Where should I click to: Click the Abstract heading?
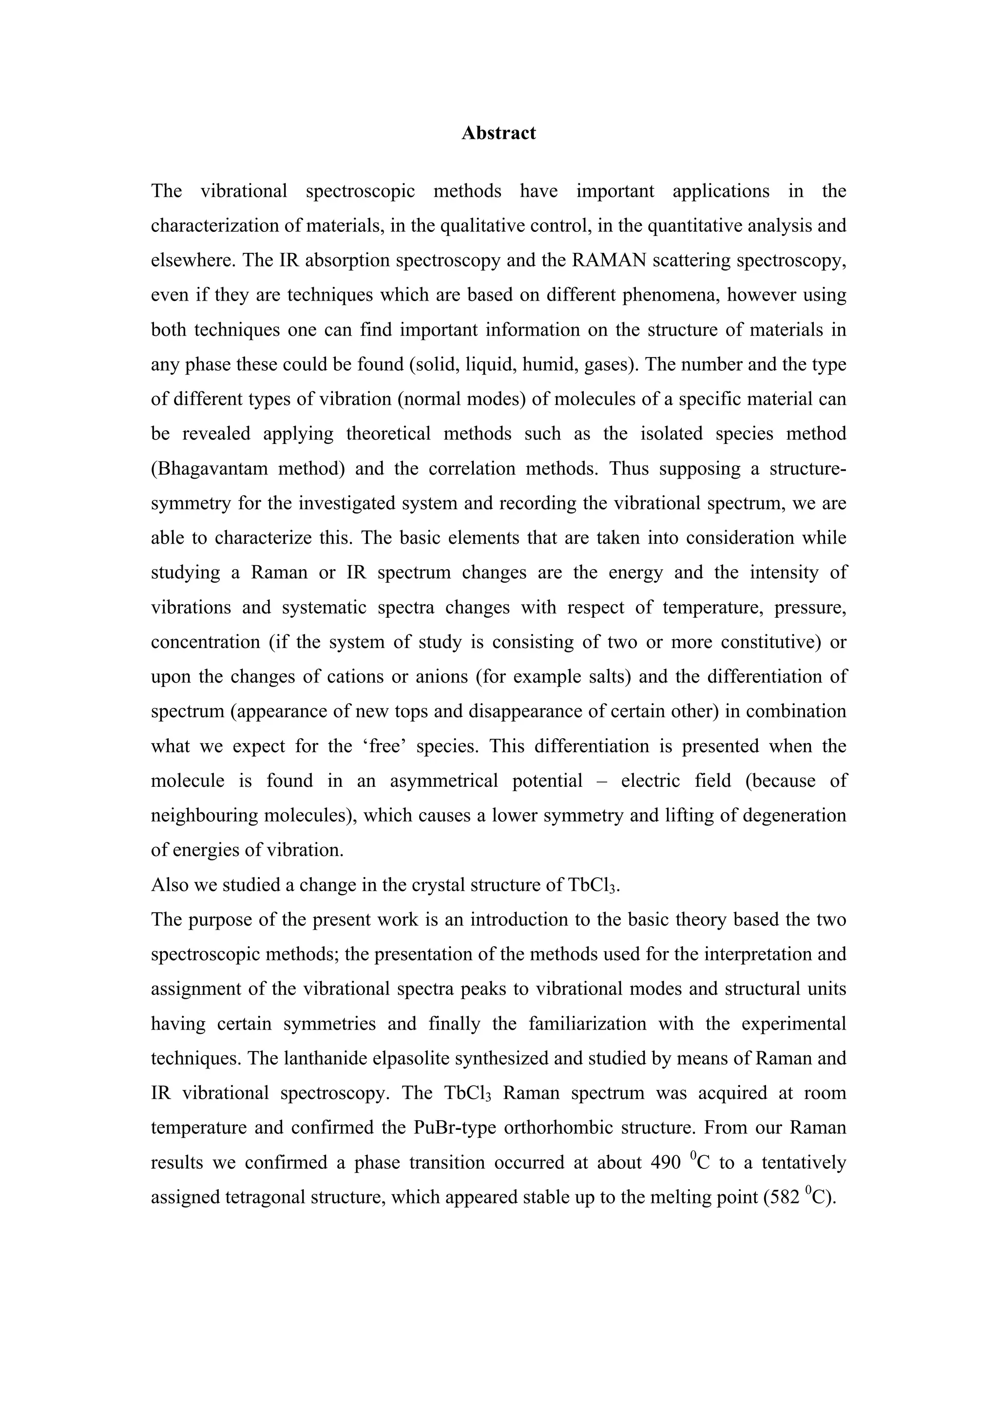pos(499,133)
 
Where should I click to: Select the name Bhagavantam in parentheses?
pos(210,469)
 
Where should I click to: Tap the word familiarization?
pos(586,1024)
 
